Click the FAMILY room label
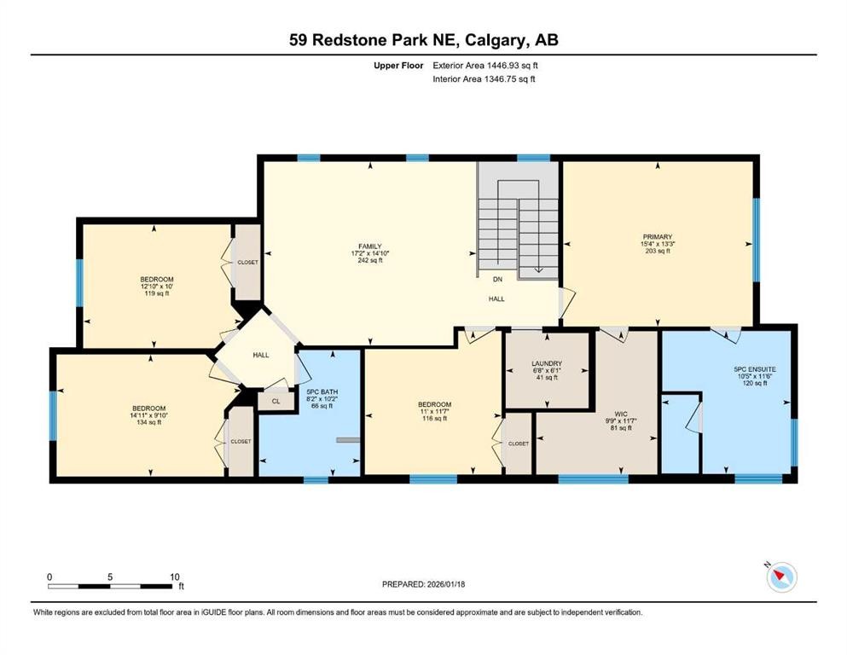tap(369, 246)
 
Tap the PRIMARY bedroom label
tap(658, 237)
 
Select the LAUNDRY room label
tap(546, 363)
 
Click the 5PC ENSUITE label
tap(755, 369)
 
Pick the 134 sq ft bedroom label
tap(149, 409)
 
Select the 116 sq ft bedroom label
tap(434, 404)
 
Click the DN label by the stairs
tap(497, 279)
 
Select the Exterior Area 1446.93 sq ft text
tap(483, 65)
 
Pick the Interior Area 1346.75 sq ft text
tap(483, 78)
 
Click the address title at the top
tap(423, 39)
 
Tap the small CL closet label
tap(276, 401)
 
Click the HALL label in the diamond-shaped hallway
tap(261, 355)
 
